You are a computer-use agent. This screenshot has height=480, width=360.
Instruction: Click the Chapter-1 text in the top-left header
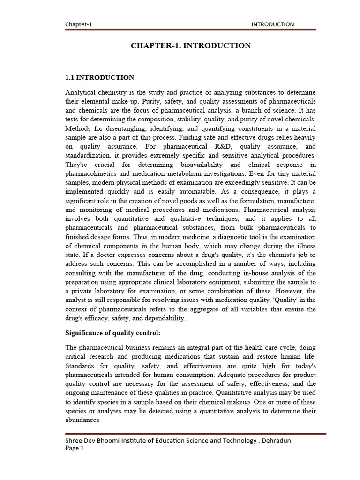click(x=79, y=24)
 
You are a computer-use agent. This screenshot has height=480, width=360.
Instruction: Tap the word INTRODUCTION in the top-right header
click(x=273, y=24)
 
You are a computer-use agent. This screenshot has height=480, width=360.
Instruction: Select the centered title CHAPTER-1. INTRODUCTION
click(x=190, y=45)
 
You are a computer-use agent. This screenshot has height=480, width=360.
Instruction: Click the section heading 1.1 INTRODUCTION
click(x=99, y=77)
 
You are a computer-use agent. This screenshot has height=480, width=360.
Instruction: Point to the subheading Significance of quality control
click(x=112, y=333)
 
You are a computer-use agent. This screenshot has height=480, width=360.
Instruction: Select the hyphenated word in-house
click(x=247, y=273)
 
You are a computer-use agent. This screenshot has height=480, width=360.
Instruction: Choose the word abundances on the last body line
click(x=83, y=420)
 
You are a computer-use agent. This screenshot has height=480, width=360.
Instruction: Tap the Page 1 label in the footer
click(x=75, y=448)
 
